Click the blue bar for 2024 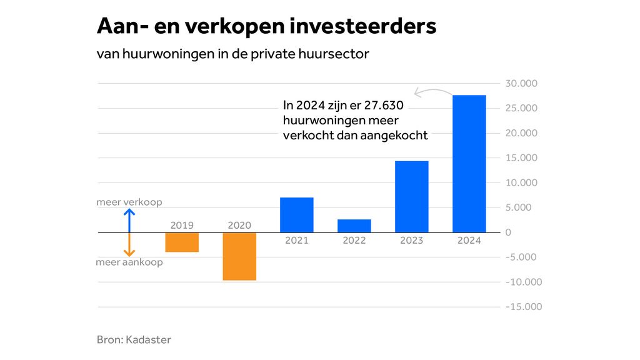coord(469,164)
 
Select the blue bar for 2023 coord(412,197)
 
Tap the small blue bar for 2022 coord(354,226)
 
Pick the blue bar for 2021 coord(297,215)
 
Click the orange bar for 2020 coord(239,256)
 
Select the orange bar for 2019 coord(182,242)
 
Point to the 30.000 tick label coord(521,84)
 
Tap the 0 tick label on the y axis coord(508,232)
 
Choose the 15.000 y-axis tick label coord(521,158)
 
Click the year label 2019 coord(182,225)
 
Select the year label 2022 coord(354,240)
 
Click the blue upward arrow coord(129,220)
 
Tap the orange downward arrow coord(129,245)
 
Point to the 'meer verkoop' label coord(129,202)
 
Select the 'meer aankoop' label coord(129,262)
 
